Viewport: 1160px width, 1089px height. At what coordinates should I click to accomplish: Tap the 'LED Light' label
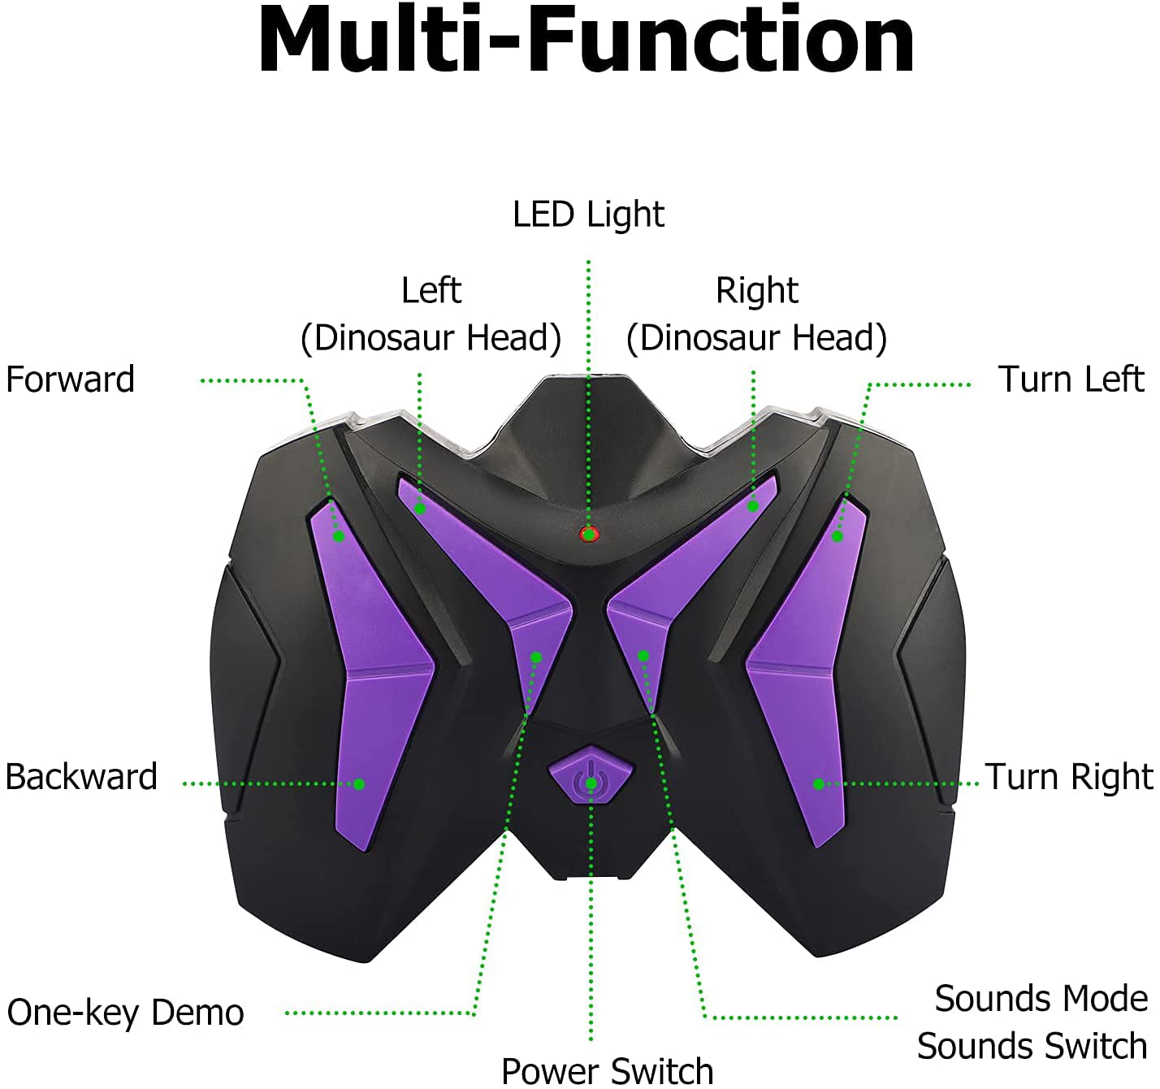pyautogui.click(x=588, y=215)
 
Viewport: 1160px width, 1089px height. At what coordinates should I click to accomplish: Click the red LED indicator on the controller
pyautogui.click(x=588, y=534)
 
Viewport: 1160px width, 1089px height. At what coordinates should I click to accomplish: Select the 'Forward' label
pyautogui.click(x=70, y=380)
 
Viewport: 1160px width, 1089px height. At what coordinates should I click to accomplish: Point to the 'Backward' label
pyautogui.click(x=81, y=777)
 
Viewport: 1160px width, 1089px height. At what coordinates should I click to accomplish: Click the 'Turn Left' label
pyautogui.click(x=1071, y=380)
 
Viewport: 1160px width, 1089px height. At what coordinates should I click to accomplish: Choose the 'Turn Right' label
pyautogui.click(x=1068, y=777)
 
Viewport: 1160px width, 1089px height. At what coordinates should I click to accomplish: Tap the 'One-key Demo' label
pyautogui.click(x=126, y=1013)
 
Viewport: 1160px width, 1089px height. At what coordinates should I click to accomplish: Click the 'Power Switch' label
pyautogui.click(x=608, y=1070)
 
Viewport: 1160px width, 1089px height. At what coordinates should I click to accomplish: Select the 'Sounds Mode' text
pyautogui.click(x=1041, y=999)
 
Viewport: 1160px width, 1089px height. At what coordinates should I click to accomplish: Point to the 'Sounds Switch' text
pyautogui.click(x=1032, y=1046)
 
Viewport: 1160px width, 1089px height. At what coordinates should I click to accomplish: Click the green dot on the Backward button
pyautogui.click(x=358, y=783)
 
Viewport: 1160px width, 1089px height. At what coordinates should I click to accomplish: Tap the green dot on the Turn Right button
pyautogui.click(x=819, y=783)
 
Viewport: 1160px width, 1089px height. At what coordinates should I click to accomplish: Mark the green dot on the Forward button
pyautogui.click(x=339, y=536)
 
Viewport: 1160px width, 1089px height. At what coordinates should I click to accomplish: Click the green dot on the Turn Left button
pyautogui.click(x=838, y=536)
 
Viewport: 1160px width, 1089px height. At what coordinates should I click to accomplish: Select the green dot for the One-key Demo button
pyautogui.click(x=536, y=657)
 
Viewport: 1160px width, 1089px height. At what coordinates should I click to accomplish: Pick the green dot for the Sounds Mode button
pyautogui.click(x=643, y=656)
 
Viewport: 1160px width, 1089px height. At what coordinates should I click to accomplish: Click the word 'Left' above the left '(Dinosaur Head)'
pyautogui.click(x=431, y=290)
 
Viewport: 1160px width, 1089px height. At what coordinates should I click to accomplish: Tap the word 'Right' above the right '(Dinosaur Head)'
pyautogui.click(x=756, y=290)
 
